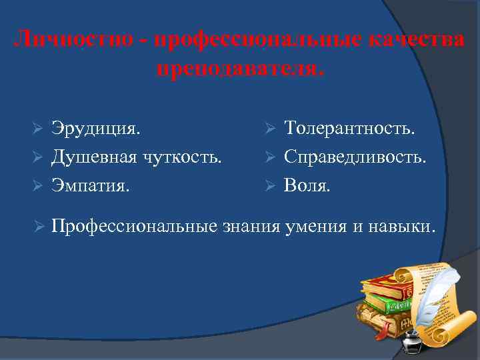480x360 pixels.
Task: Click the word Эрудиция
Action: tap(96, 127)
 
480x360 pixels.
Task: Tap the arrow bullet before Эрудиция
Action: tap(39, 128)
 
